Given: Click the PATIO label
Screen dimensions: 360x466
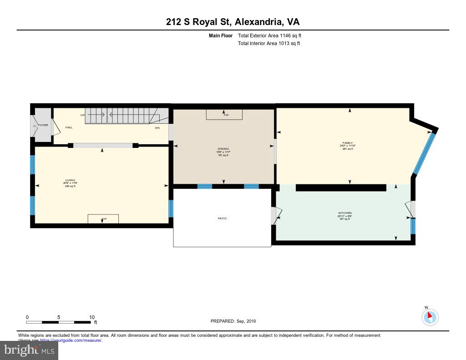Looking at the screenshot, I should (x=222, y=218).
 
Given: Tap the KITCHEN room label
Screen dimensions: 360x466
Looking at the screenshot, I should (x=344, y=213).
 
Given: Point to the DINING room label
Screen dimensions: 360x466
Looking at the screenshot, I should (x=223, y=149).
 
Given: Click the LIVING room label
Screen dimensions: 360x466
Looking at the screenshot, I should (x=70, y=180).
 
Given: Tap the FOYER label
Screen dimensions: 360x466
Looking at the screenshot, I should (x=43, y=125).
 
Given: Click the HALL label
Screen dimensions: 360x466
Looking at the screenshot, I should (x=69, y=127).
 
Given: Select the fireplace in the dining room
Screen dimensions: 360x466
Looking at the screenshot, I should (x=224, y=114).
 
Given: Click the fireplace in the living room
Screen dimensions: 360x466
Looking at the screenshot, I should (x=103, y=219).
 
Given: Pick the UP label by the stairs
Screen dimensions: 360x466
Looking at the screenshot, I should (x=82, y=115).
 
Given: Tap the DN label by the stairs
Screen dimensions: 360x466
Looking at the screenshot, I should (x=157, y=128).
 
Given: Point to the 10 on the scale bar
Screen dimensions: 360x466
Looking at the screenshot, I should (x=91, y=317).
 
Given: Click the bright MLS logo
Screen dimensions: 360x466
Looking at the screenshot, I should (x=29, y=350).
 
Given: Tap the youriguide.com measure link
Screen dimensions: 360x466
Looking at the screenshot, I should (x=71, y=340).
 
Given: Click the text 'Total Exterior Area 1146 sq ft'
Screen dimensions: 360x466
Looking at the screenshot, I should (x=269, y=35).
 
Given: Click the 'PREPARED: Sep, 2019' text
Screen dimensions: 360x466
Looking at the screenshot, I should (x=233, y=321).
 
